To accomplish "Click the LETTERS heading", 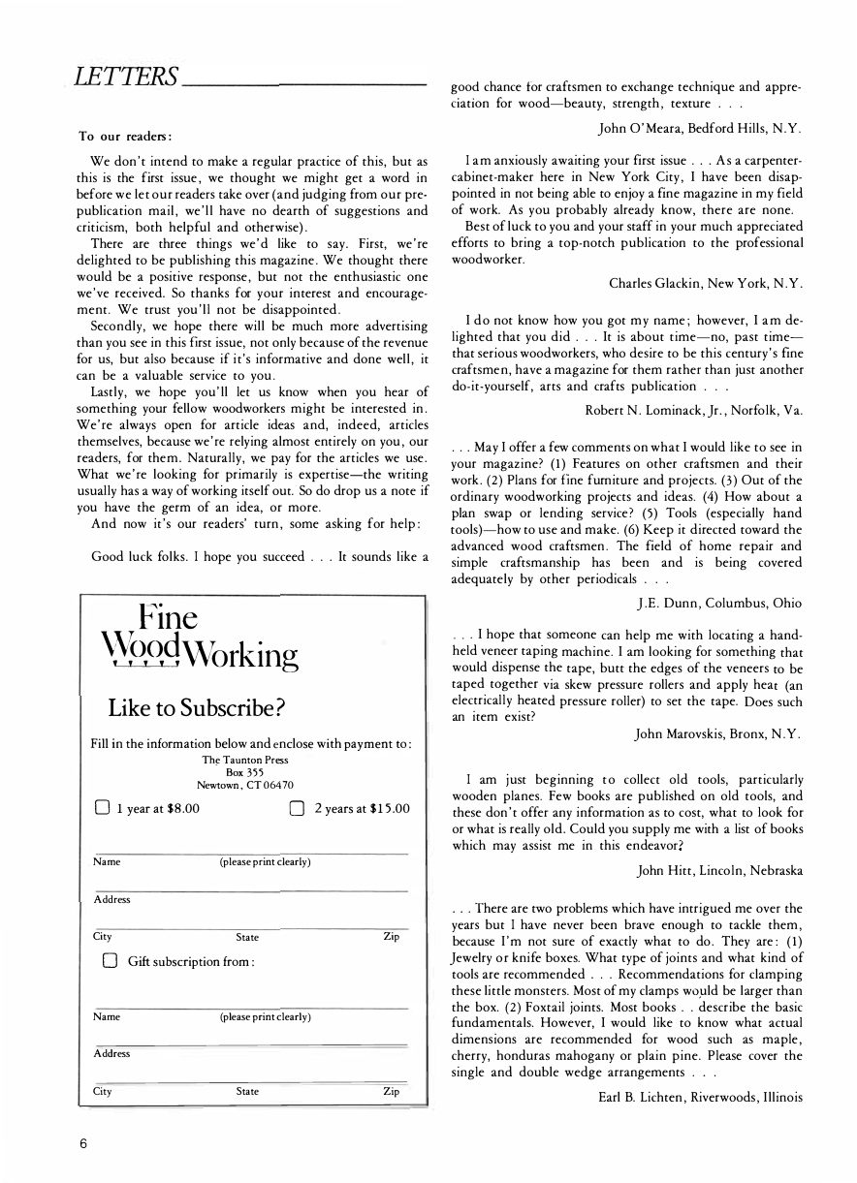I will pyautogui.click(x=119, y=76).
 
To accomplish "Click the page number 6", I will pyautogui.click(x=84, y=1142).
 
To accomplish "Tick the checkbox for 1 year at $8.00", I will pyautogui.click(x=102, y=808).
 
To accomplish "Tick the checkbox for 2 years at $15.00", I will pyautogui.click(x=299, y=808).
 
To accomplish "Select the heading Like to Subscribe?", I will pyautogui.click(x=196, y=707).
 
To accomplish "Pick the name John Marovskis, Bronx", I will pyautogui.click(x=717, y=734).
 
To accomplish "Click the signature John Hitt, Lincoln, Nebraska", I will pyautogui.click(x=719, y=870).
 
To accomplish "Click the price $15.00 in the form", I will pyautogui.click(x=390, y=808).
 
